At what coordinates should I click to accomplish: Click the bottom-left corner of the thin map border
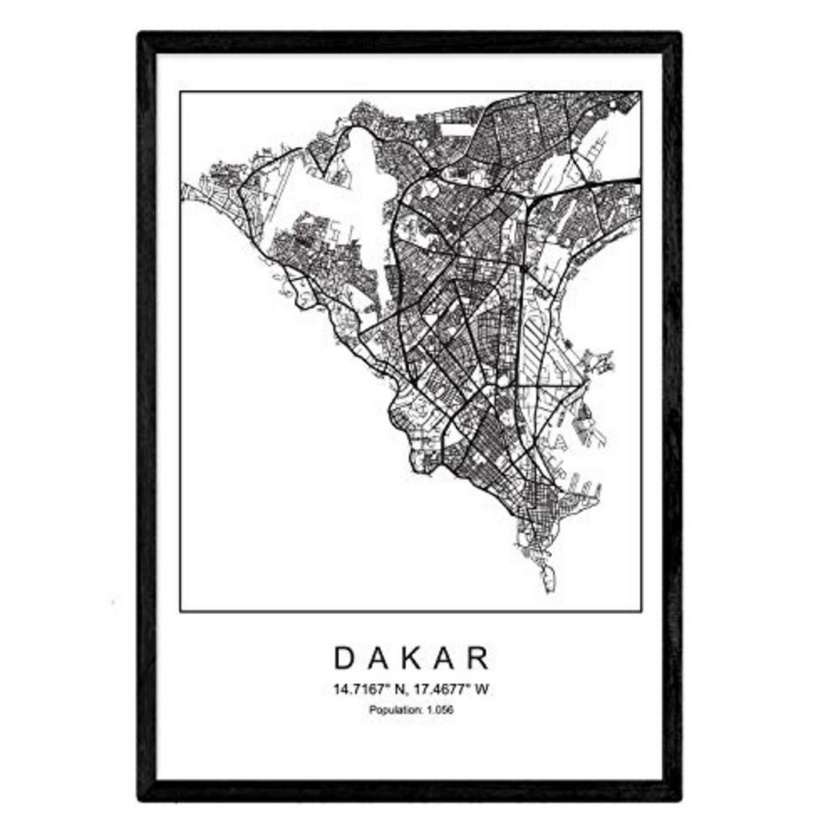(x=180, y=612)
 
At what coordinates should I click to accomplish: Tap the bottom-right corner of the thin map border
(x=642, y=612)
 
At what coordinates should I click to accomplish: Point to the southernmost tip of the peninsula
(x=548, y=592)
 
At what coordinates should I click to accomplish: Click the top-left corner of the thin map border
(x=180, y=91)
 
